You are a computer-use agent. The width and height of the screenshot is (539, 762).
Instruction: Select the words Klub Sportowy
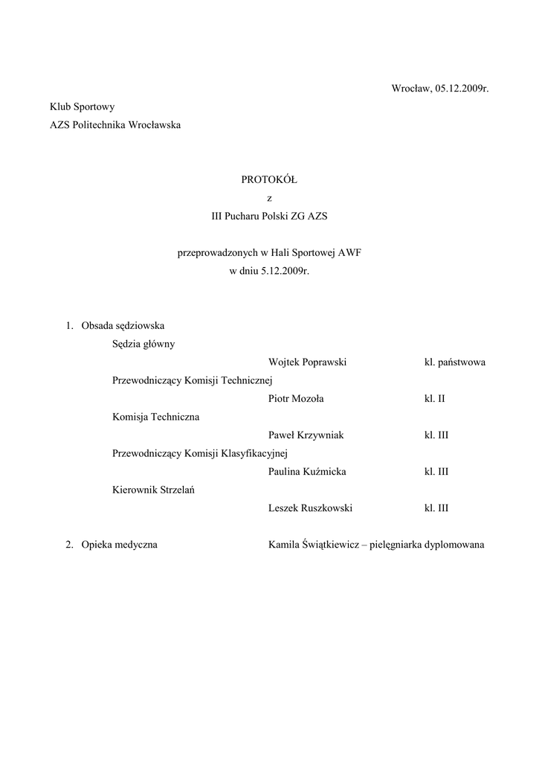point(82,107)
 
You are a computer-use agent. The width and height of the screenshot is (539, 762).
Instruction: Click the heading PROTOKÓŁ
point(269,180)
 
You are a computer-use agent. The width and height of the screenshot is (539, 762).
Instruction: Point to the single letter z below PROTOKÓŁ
point(269,199)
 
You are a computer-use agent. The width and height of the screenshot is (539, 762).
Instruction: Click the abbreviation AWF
point(349,253)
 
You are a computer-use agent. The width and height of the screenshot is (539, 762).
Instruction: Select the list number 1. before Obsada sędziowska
point(69,326)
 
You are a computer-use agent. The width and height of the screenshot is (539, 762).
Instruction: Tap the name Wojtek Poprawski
point(308,362)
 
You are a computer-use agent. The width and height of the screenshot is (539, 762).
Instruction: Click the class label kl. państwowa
point(455,362)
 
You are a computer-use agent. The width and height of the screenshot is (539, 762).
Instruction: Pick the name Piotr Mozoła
point(296,399)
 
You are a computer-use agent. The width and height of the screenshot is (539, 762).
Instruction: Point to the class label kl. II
point(434,399)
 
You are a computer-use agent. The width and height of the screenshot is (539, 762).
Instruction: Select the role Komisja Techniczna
point(155,417)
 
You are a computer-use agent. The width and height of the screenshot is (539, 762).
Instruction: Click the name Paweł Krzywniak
point(306,435)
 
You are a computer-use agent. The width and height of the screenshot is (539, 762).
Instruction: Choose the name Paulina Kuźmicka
point(307,472)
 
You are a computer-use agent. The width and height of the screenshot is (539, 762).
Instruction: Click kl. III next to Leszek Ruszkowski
point(436,508)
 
